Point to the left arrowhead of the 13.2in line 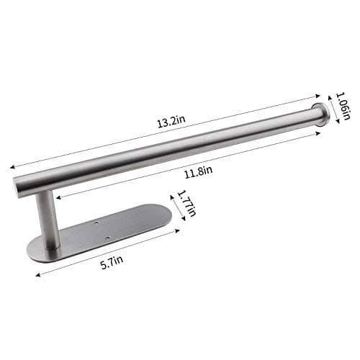[12, 166]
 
